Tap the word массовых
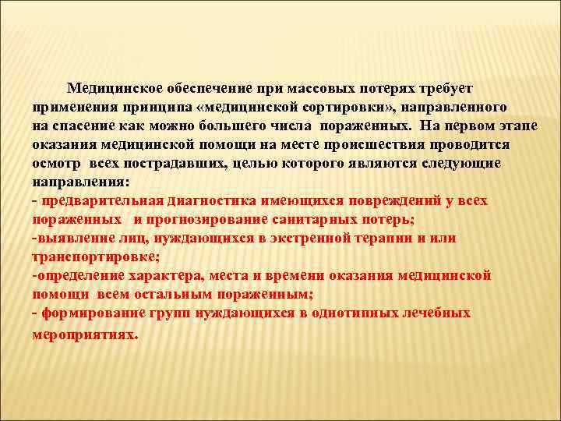[309, 88]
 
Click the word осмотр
[57, 163]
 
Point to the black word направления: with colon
[76, 182]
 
